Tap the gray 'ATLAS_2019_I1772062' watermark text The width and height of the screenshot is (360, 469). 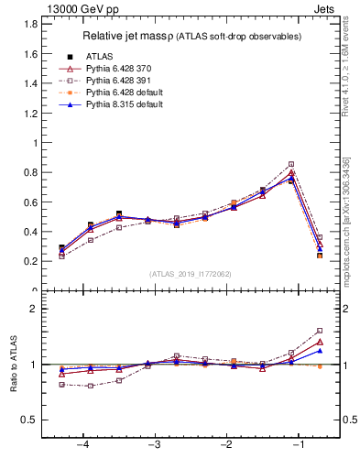pyautogui.click(x=190, y=273)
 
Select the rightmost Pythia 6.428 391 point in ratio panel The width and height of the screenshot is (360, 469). pyautogui.click(x=320, y=331)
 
